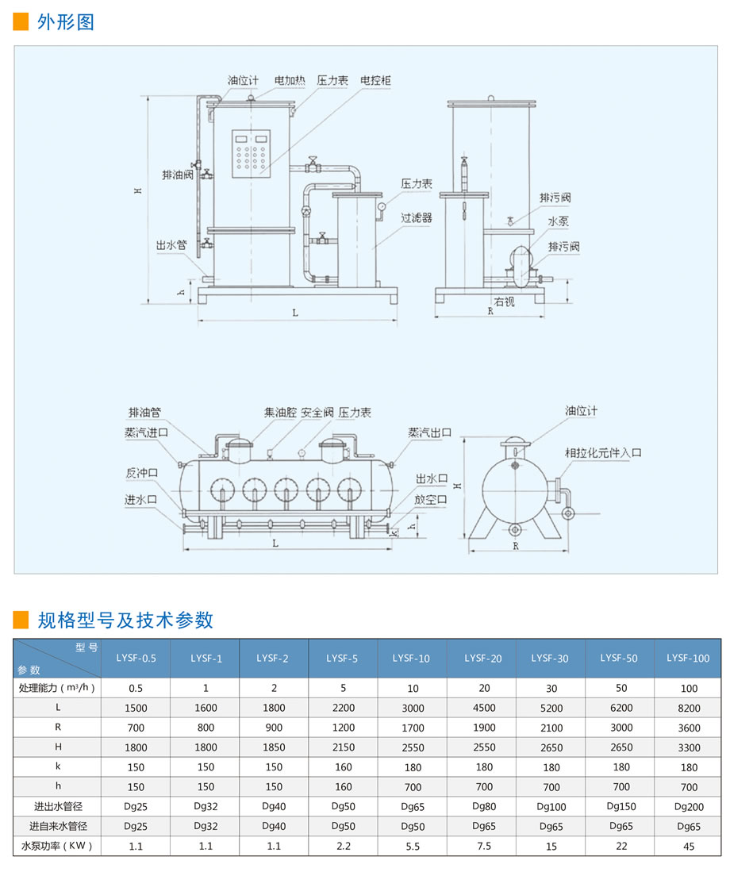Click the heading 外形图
(66, 22)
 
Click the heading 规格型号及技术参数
(125, 620)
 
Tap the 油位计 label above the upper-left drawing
(243, 80)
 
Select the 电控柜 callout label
(376, 80)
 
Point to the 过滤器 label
(417, 217)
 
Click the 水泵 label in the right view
(558, 221)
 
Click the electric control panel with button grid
(252, 153)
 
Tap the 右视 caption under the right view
(505, 302)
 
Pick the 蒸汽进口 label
(146, 432)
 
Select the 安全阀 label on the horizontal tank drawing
(317, 412)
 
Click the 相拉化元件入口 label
(603, 453)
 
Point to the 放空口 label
(430, 499)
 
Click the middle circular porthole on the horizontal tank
(286, 490)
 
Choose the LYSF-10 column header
(412, 658)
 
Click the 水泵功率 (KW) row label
(56, 846)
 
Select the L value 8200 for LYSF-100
(689, 708)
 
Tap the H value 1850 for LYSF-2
(274, 747)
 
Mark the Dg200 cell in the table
(689, 806)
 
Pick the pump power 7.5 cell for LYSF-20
(484, 846)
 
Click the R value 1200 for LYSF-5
(343, 728)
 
